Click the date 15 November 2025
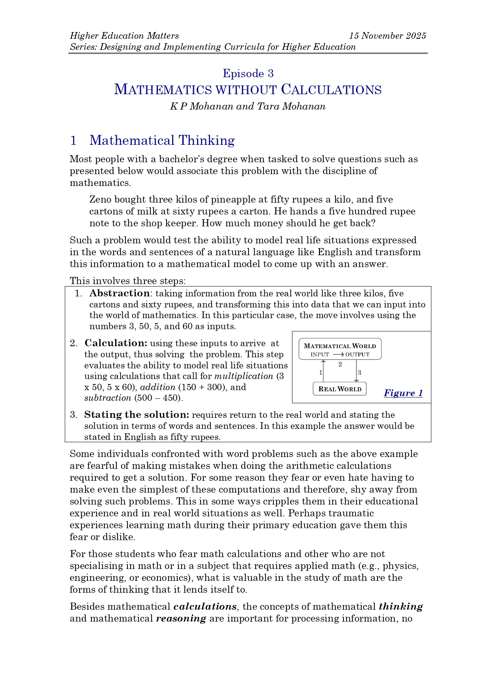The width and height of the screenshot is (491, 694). point(387,36)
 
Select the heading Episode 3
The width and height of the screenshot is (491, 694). point(248,74)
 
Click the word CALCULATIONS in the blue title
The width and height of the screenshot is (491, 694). point(331,90)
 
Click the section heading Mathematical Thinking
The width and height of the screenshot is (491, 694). point(162,140)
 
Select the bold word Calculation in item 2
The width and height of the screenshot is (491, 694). point(116,343)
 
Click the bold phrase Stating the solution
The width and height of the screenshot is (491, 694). point(136,415)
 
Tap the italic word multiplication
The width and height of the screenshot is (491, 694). point(244,376)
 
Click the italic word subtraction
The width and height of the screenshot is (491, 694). point(108,398)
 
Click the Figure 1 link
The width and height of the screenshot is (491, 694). point(403,393)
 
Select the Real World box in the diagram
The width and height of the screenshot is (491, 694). point(340,389)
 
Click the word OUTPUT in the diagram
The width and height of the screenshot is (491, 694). point(357,355)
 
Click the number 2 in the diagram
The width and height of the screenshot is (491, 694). point(340,364)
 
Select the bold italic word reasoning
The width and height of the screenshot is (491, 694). point(181,619)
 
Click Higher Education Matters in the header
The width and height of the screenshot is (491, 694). point(124,36)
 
